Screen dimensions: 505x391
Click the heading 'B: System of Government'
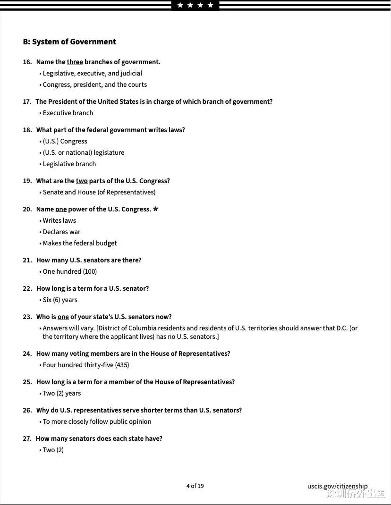69,42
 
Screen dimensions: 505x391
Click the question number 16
27,62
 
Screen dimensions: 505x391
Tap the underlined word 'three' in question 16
75,62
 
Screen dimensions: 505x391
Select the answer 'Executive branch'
68,113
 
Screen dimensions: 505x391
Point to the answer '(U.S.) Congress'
65,141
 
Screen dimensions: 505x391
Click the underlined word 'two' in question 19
82,181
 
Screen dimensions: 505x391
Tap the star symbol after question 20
155,209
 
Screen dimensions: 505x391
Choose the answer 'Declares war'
61,232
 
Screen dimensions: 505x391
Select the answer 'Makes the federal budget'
80,243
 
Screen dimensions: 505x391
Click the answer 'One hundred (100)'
69,271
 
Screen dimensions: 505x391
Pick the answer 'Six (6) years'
60,300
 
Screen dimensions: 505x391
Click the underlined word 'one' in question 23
63,317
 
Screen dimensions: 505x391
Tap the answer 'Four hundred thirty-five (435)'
85,365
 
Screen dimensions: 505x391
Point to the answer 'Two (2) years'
61,393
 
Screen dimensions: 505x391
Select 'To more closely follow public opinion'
97,421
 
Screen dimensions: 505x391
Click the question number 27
27,438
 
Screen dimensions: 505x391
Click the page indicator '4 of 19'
195,486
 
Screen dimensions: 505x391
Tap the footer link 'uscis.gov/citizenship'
337,486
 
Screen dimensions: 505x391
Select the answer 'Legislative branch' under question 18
69,164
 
